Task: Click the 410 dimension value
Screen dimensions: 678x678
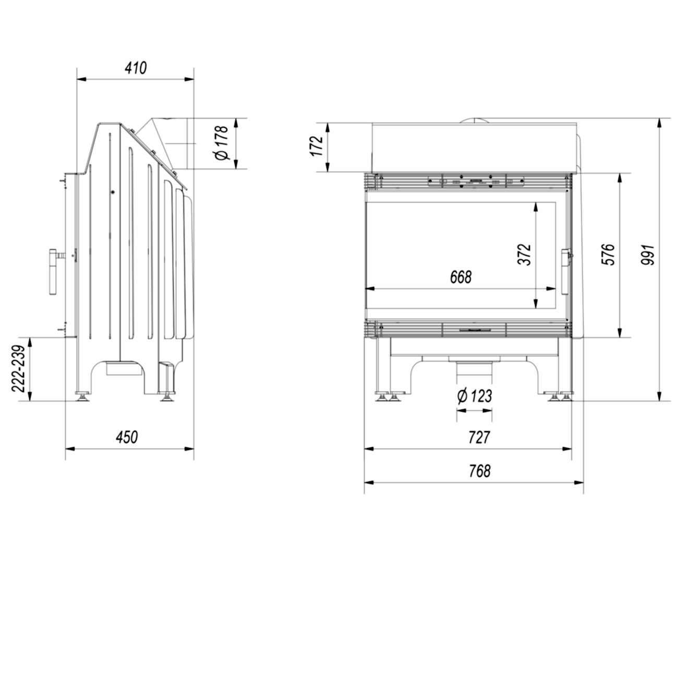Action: coord(136,68)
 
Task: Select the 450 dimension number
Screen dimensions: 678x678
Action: coord(127,437)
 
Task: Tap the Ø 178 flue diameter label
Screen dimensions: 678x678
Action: coord(222,143)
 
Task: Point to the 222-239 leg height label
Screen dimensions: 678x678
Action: coord(18,368)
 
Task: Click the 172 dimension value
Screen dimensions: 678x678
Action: coord(316,146)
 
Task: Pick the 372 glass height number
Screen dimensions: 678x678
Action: coord(524,254)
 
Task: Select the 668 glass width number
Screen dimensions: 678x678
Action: coord(461,277)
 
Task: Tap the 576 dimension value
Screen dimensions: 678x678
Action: coord(608,254)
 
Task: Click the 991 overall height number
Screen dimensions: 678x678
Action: coord(648,254)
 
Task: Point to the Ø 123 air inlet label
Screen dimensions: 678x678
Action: coord(474,396)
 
